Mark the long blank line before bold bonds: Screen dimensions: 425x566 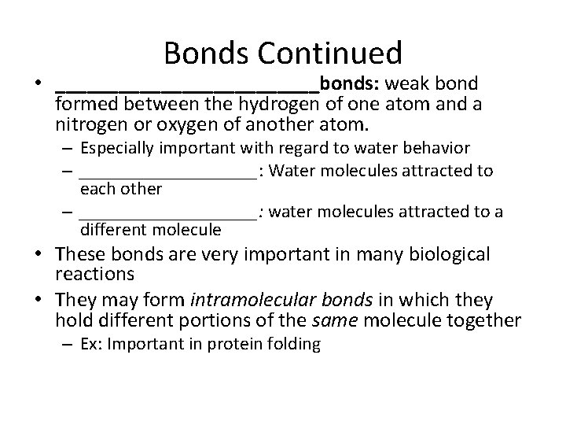tap(187, 85)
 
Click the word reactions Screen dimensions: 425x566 tap(94, 275)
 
